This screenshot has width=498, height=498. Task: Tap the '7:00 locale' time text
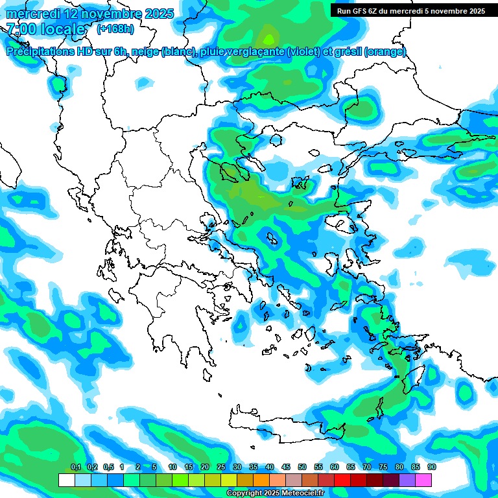coord(46,29)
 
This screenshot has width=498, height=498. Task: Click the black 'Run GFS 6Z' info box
coord(410,11)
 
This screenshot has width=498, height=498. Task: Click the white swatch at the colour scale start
coord(66,480)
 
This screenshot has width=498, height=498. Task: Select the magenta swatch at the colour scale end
coord(423,480)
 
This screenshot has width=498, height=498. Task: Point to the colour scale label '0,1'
coord(76,467)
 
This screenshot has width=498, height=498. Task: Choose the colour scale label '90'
coord(432,467)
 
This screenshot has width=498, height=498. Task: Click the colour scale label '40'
coord(270,467)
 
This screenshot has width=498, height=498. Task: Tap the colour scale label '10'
coord(172,467)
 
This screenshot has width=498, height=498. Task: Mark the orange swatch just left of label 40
coord(261,480)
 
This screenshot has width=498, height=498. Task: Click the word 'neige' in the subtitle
coord(146,52)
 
